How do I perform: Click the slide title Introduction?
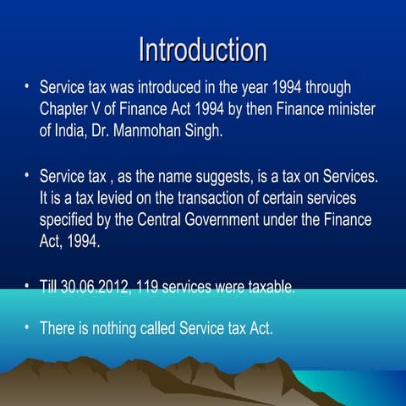tap(202, 48)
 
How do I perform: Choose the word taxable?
tap(270, 288)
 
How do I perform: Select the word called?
tap(173, 327)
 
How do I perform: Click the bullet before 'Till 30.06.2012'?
tap(27, 286)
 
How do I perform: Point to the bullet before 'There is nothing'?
tap(27, 326)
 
